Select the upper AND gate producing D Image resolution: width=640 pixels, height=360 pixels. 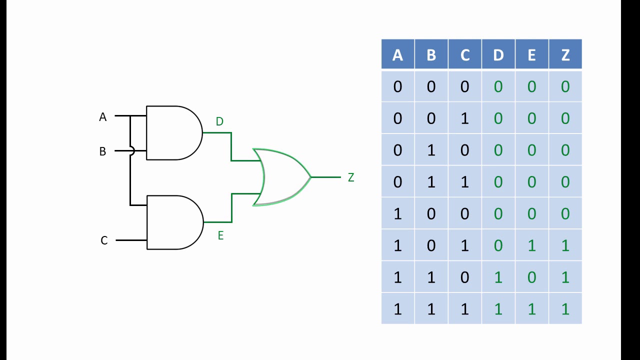point(173,133)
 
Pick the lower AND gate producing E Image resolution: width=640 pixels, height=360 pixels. point(174,222)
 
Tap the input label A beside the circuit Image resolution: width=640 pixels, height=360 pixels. point(103,117)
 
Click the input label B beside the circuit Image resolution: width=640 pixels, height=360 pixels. point(102,151)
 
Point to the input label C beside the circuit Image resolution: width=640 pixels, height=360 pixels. point(104,240)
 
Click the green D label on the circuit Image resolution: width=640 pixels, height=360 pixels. point(219,121)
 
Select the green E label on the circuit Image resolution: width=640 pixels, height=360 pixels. point(220,235)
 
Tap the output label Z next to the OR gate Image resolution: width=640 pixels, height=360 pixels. point(351,177)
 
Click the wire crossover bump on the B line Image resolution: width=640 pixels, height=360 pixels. point(131,150)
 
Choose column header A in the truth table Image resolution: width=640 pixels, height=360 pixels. point(397,55)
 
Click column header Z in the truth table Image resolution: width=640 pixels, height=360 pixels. point(565,55)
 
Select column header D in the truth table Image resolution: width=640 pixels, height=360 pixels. point(498,55)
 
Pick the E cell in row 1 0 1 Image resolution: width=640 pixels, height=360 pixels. point(531,245)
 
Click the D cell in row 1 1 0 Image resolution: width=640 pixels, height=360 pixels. point(498,277)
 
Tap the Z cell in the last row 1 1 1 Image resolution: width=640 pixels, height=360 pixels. point(565,309)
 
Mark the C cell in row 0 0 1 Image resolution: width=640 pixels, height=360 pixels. point(464,118)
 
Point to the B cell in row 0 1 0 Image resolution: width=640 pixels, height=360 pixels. point(431,150)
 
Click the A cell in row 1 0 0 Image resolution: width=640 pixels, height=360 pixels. point(397,214)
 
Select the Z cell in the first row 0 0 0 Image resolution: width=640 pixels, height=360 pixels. point(565,87)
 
